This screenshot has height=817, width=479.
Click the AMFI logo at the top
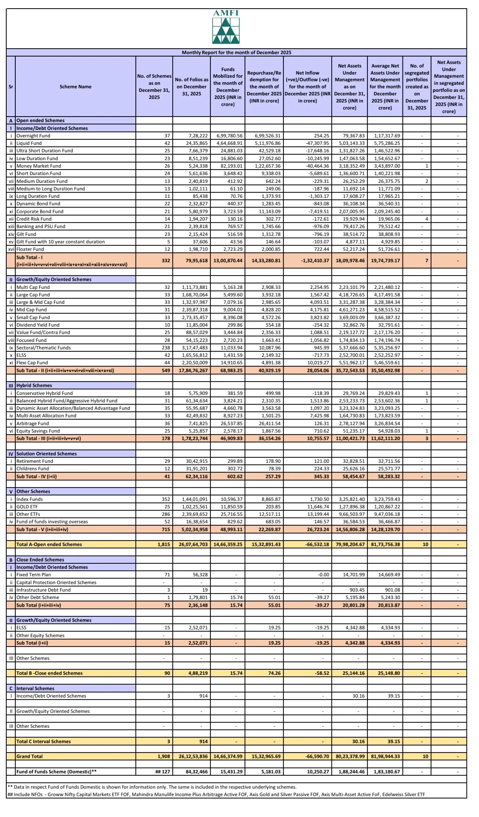[x=226, y=27]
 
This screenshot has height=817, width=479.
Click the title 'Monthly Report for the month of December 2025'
[x=236, y=53]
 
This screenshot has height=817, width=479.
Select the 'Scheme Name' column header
[x=75, y=87]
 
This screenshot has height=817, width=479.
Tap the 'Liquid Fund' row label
[x=29, y=143]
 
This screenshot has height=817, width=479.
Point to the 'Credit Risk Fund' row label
[x=34, y=219]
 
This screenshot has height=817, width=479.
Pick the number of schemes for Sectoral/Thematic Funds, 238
[x=166, y=348]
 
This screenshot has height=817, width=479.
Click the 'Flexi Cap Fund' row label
[x=32, y=363]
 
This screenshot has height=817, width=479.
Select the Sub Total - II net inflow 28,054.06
[x=318, y=370]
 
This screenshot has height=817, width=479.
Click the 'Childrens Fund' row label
[x=33, y=469]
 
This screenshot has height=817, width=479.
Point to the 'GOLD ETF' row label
[x=27, y=507]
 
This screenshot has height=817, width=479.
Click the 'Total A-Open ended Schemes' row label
[x=49, y=545]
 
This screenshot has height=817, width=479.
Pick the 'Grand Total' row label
[x=29, y=757]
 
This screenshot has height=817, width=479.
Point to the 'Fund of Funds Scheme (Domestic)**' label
[x=57, y=772]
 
